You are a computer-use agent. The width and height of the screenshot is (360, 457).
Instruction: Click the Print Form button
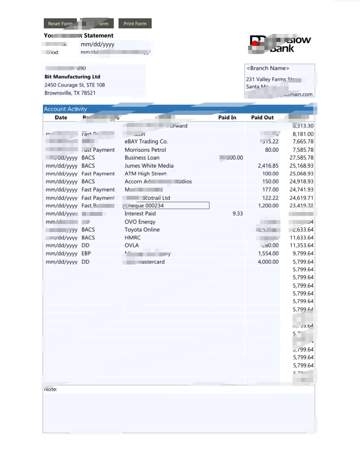(135, 24)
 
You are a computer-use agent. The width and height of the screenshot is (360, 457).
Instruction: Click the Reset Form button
(60, 24)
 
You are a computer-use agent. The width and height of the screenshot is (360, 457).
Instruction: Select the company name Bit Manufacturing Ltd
(72, 77)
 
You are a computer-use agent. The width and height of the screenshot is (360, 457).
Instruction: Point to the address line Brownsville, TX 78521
(70, 93)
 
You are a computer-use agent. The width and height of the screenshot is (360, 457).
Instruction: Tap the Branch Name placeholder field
(268, 68)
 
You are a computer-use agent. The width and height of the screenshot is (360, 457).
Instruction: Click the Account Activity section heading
(65, 109)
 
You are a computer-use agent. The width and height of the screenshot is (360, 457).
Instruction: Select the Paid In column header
(227, 117)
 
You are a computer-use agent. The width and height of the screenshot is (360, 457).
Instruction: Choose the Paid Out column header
(262, 117)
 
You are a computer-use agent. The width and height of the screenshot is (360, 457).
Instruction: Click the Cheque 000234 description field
(166, 206)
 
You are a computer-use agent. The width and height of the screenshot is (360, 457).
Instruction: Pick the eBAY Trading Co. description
(146, 141)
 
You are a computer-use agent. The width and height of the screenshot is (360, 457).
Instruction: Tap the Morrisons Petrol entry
(145, 150)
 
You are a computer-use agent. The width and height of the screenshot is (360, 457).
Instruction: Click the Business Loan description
(142, 158)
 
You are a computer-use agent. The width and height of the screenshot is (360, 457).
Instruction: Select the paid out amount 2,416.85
(268, 166)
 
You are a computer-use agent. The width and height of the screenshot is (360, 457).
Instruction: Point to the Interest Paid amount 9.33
(238, 214)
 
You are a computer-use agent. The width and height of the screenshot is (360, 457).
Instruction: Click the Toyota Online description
(142, 230)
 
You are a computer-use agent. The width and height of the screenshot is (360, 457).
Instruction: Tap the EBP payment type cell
(86, 253)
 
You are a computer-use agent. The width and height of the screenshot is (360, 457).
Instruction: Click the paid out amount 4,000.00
(268, 262)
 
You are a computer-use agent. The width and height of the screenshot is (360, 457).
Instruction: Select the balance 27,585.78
(301, 158)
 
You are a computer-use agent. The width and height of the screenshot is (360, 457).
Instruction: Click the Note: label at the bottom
(50, 390)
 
